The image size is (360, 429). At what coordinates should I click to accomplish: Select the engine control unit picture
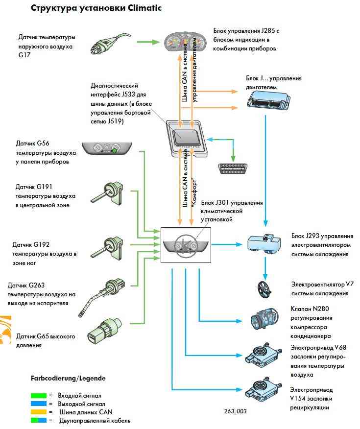point(266,101)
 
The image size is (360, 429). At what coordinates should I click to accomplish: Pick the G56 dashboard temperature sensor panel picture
point(107,148)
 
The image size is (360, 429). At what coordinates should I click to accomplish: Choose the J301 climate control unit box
point(186,244)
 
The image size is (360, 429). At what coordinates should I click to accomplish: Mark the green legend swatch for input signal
point(38,395)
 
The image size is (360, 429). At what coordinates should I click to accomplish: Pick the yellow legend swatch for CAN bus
point(38,412)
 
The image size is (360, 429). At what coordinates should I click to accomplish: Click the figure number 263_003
point(237,411)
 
